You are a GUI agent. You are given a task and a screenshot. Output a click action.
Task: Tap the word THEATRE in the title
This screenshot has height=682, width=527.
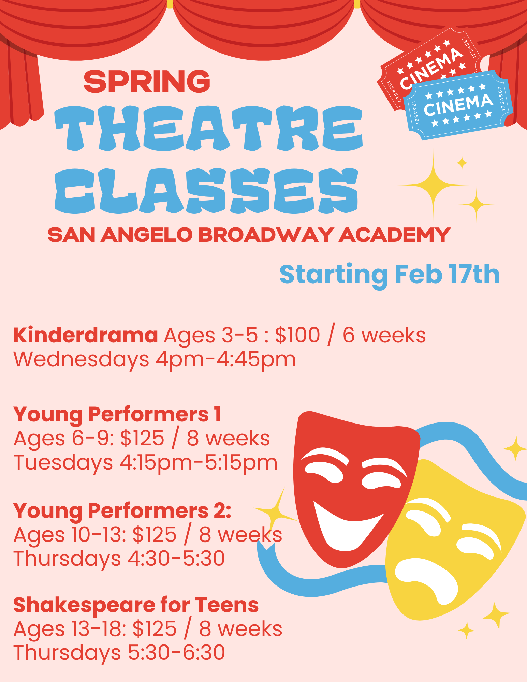209,128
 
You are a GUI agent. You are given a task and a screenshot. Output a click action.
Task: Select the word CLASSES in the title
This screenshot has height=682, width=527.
207,191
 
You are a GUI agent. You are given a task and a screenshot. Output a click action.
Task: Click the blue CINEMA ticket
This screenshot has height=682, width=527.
458,105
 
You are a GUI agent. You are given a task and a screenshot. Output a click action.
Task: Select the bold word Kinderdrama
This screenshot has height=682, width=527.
86,335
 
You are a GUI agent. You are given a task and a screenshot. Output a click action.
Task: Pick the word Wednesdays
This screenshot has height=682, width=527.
81,359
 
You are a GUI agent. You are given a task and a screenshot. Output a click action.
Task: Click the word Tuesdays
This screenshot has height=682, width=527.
63,462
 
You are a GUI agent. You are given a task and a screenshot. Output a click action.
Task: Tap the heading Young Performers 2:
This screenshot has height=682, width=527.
122,511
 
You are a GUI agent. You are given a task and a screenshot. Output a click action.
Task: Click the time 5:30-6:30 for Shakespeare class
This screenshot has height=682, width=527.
176,653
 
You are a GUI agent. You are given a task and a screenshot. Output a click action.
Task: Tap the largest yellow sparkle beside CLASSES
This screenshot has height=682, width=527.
434,185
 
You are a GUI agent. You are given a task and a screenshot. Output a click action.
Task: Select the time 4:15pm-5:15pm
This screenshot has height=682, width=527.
198,462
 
